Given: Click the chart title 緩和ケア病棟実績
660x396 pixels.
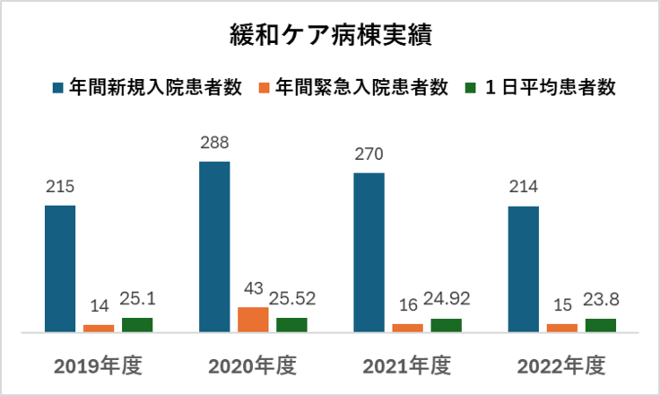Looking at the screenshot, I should coord(330,38).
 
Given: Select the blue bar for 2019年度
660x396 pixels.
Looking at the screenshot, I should coord(60,268).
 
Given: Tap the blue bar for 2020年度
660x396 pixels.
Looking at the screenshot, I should coord(214,247).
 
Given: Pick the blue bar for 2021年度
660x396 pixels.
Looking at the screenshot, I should coord(369,252).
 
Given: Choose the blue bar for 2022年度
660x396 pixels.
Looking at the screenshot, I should coord(523,269).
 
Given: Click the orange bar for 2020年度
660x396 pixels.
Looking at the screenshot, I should coord(253,320).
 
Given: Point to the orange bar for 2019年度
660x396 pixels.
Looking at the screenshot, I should coord(99,328).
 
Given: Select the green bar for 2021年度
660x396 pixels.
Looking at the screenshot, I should coord(446,325).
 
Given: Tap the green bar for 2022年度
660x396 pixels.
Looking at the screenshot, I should coord(600,325).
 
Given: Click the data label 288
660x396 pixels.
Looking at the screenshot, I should coord(214,143).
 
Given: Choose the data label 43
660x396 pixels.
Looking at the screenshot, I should coord(253,288).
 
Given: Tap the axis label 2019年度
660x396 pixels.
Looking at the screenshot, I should coord(98,366).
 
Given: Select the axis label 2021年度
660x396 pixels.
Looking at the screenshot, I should coord(406,366).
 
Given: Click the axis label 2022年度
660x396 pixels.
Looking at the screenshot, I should coord(561,366).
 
